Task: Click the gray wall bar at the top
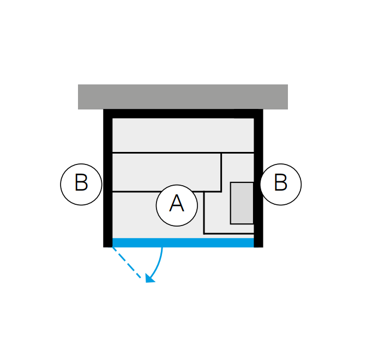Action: pos(183,97)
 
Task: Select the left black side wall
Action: pos(108,178)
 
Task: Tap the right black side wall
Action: pos(258,178)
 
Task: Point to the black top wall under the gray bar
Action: pos(183,114)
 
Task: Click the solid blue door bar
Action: pos(183,243)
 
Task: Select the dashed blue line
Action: pos(127,263)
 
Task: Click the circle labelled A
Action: pos(177,205)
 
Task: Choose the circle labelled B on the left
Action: pos(81,185)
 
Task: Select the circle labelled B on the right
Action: pos(281,185)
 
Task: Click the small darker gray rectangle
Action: pos(242,203)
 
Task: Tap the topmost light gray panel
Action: pos(183,136)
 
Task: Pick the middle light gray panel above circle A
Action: pos(166,173)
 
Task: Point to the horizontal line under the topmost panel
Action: pos(183,153)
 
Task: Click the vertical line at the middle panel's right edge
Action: pos(221,173)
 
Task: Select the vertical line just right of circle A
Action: pos(204,213)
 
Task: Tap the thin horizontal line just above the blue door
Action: pos(228,234)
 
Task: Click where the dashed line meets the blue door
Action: pos(112,247)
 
